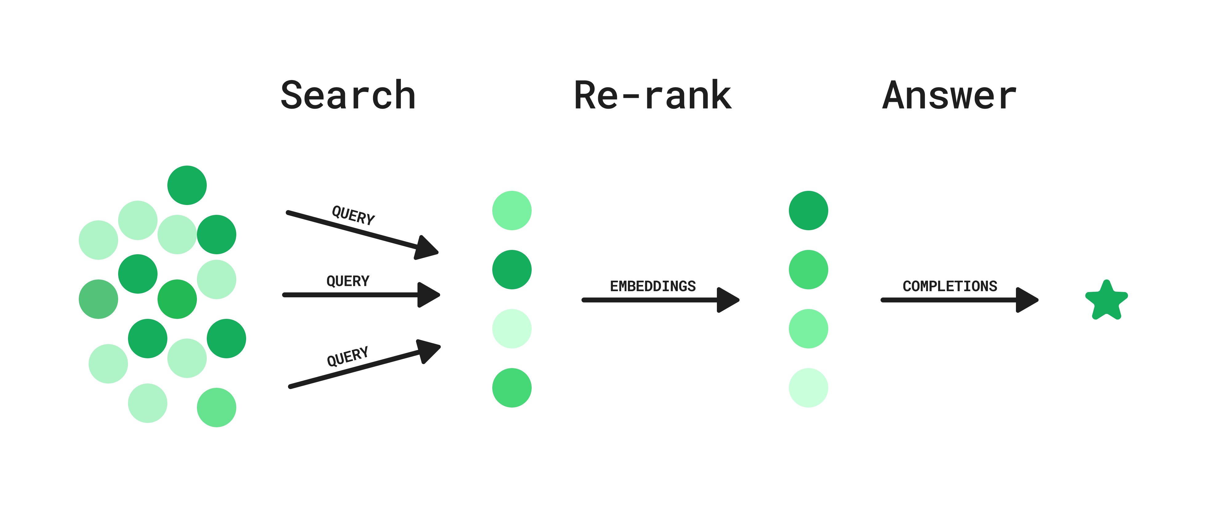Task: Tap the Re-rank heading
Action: click(652, 96)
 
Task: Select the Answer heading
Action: click(949, 96)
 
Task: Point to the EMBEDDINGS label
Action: click(652, 286)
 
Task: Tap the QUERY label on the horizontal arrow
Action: click(348, 281)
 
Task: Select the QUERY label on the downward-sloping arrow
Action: click(353, 215)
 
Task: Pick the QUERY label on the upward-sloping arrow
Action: click(348, 356)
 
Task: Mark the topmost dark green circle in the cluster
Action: click(187, 185)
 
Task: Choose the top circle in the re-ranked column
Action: click(808, 210)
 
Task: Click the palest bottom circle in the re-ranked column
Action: click(808, 388)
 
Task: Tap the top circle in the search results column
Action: click(512, 210)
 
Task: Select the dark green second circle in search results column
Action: click(512, 269)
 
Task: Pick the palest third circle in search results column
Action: click(512, 328)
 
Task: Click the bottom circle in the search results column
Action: click(512, 388)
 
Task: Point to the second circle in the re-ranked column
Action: click(808, 269)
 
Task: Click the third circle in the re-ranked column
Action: click(808, 328)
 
